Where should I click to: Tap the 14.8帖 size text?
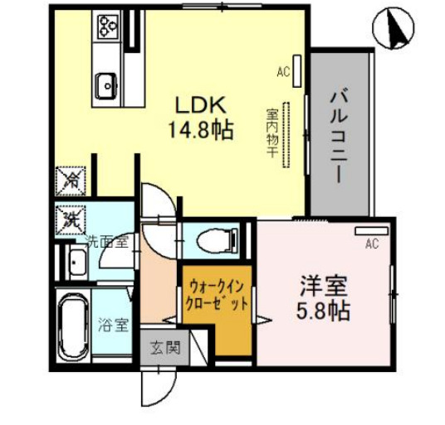[200, 130]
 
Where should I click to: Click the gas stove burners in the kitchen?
[109, 27]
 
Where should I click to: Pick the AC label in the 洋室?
[372, 244]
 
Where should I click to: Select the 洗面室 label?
[109, 243]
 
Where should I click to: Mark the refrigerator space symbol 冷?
[71, 178]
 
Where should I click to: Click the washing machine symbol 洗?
[71, 219]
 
